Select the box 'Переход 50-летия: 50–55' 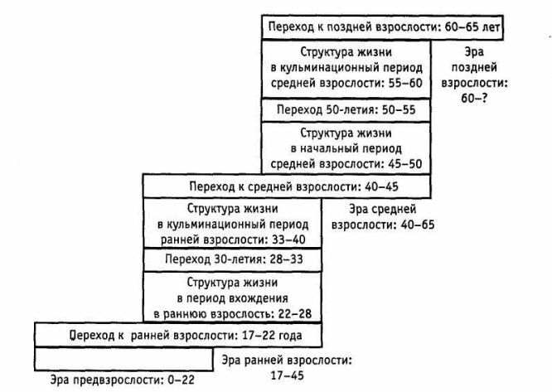[346, 109]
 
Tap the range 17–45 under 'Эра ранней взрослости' [286, 375]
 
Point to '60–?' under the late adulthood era [486, 99]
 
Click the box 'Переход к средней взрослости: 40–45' [288, 185]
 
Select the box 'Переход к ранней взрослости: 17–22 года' [178, 335]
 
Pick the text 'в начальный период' [346, 148]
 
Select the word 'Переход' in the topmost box [291, 27]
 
